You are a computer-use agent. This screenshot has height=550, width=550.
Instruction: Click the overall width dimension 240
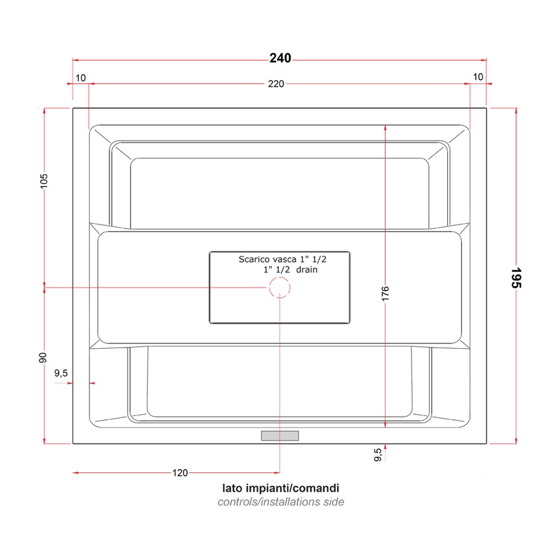(x=280, y=58)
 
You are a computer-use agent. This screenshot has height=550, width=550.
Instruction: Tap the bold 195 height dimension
(x=516, y=277)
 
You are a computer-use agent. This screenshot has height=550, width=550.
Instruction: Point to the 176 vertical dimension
(x=385, y=295)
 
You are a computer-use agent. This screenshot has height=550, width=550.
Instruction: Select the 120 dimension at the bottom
(x=180, y=473)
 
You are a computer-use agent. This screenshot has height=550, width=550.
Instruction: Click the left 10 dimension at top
(x=80, y=77)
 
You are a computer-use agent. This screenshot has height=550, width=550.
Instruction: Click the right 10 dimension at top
(x=478, y=77)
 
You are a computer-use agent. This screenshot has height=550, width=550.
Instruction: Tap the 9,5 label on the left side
(x=61, y=373)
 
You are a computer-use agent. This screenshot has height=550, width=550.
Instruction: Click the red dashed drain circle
(x=280, y=287)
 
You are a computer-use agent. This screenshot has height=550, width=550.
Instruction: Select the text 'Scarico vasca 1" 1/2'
(x=278, y=259)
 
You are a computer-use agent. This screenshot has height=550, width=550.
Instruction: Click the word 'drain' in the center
(x=307, y=270)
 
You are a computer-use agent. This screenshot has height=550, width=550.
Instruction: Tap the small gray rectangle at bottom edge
(x=280, y=435)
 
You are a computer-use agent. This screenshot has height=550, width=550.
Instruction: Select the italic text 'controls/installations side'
(x=280, y=502)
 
